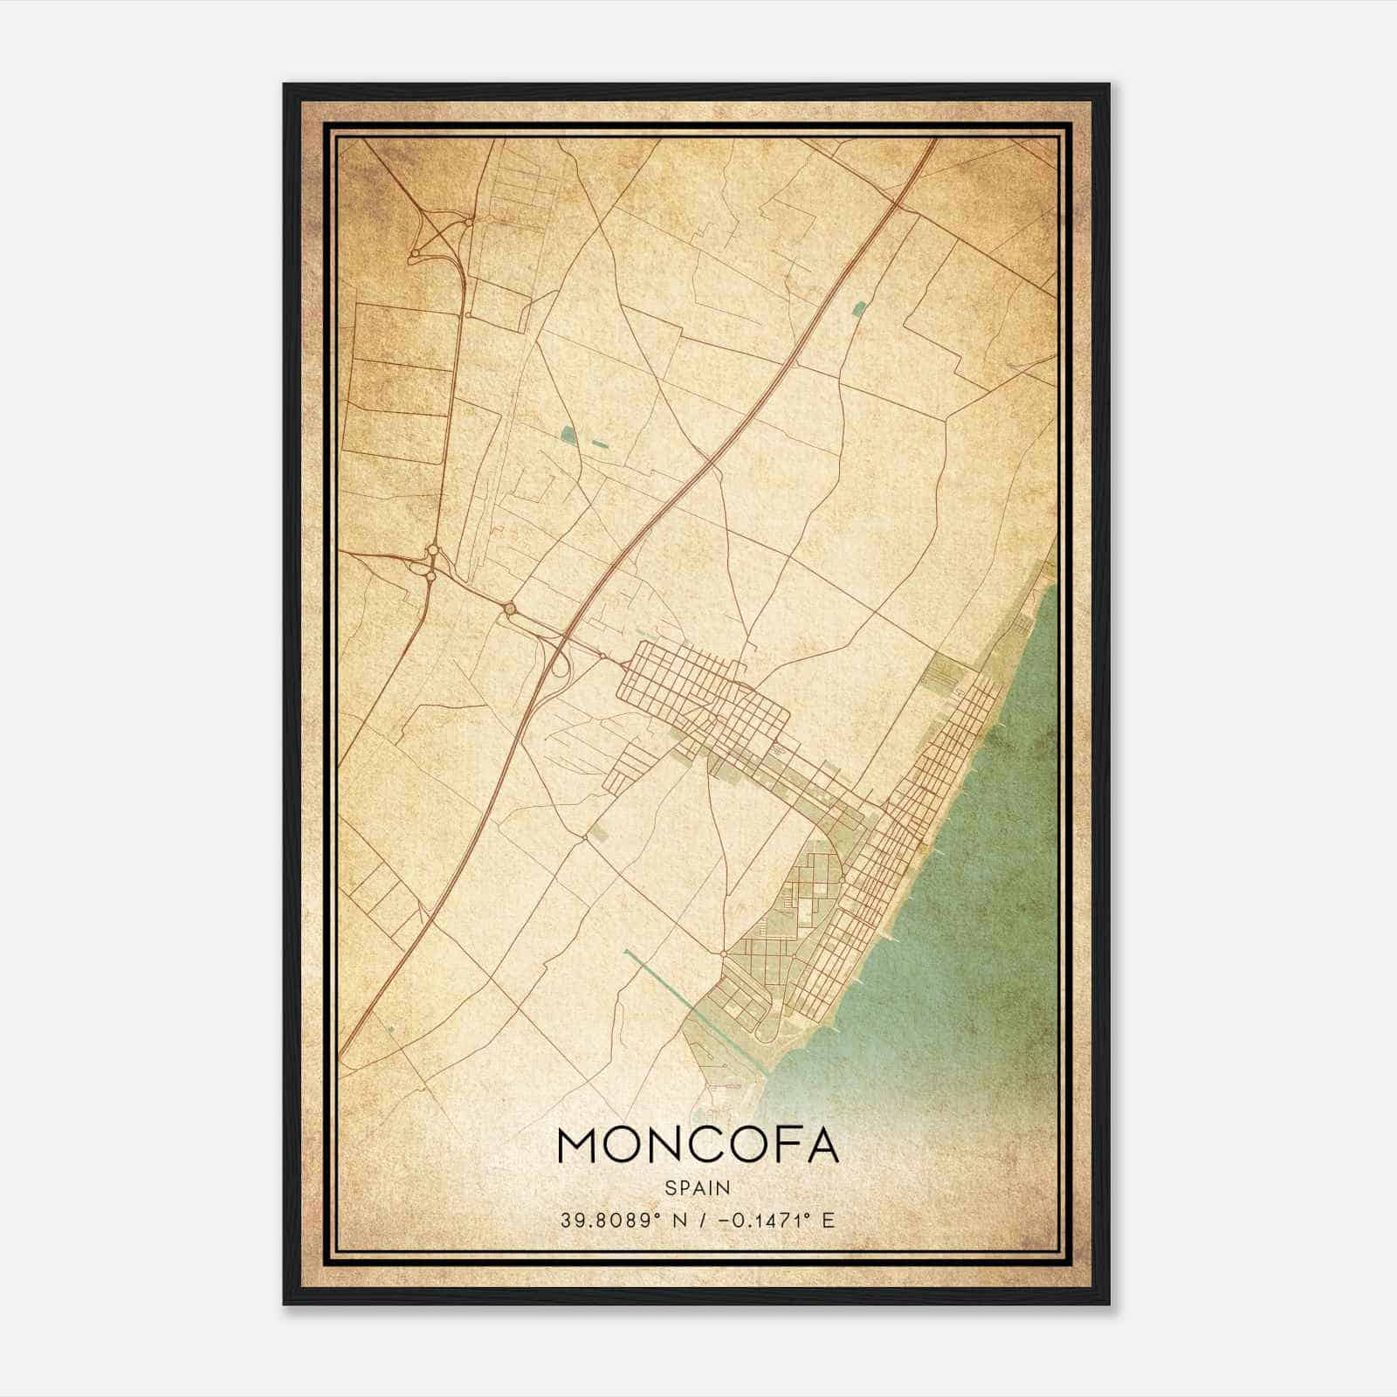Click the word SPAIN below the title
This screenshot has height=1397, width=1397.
697,1187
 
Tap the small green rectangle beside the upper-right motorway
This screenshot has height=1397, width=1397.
859,307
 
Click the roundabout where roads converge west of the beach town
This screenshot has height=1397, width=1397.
724,953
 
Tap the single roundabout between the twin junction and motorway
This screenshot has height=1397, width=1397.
510,608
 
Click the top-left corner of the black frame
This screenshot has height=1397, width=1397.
285,85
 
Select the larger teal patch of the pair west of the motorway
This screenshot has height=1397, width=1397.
569,434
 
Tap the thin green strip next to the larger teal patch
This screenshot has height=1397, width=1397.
600,444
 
